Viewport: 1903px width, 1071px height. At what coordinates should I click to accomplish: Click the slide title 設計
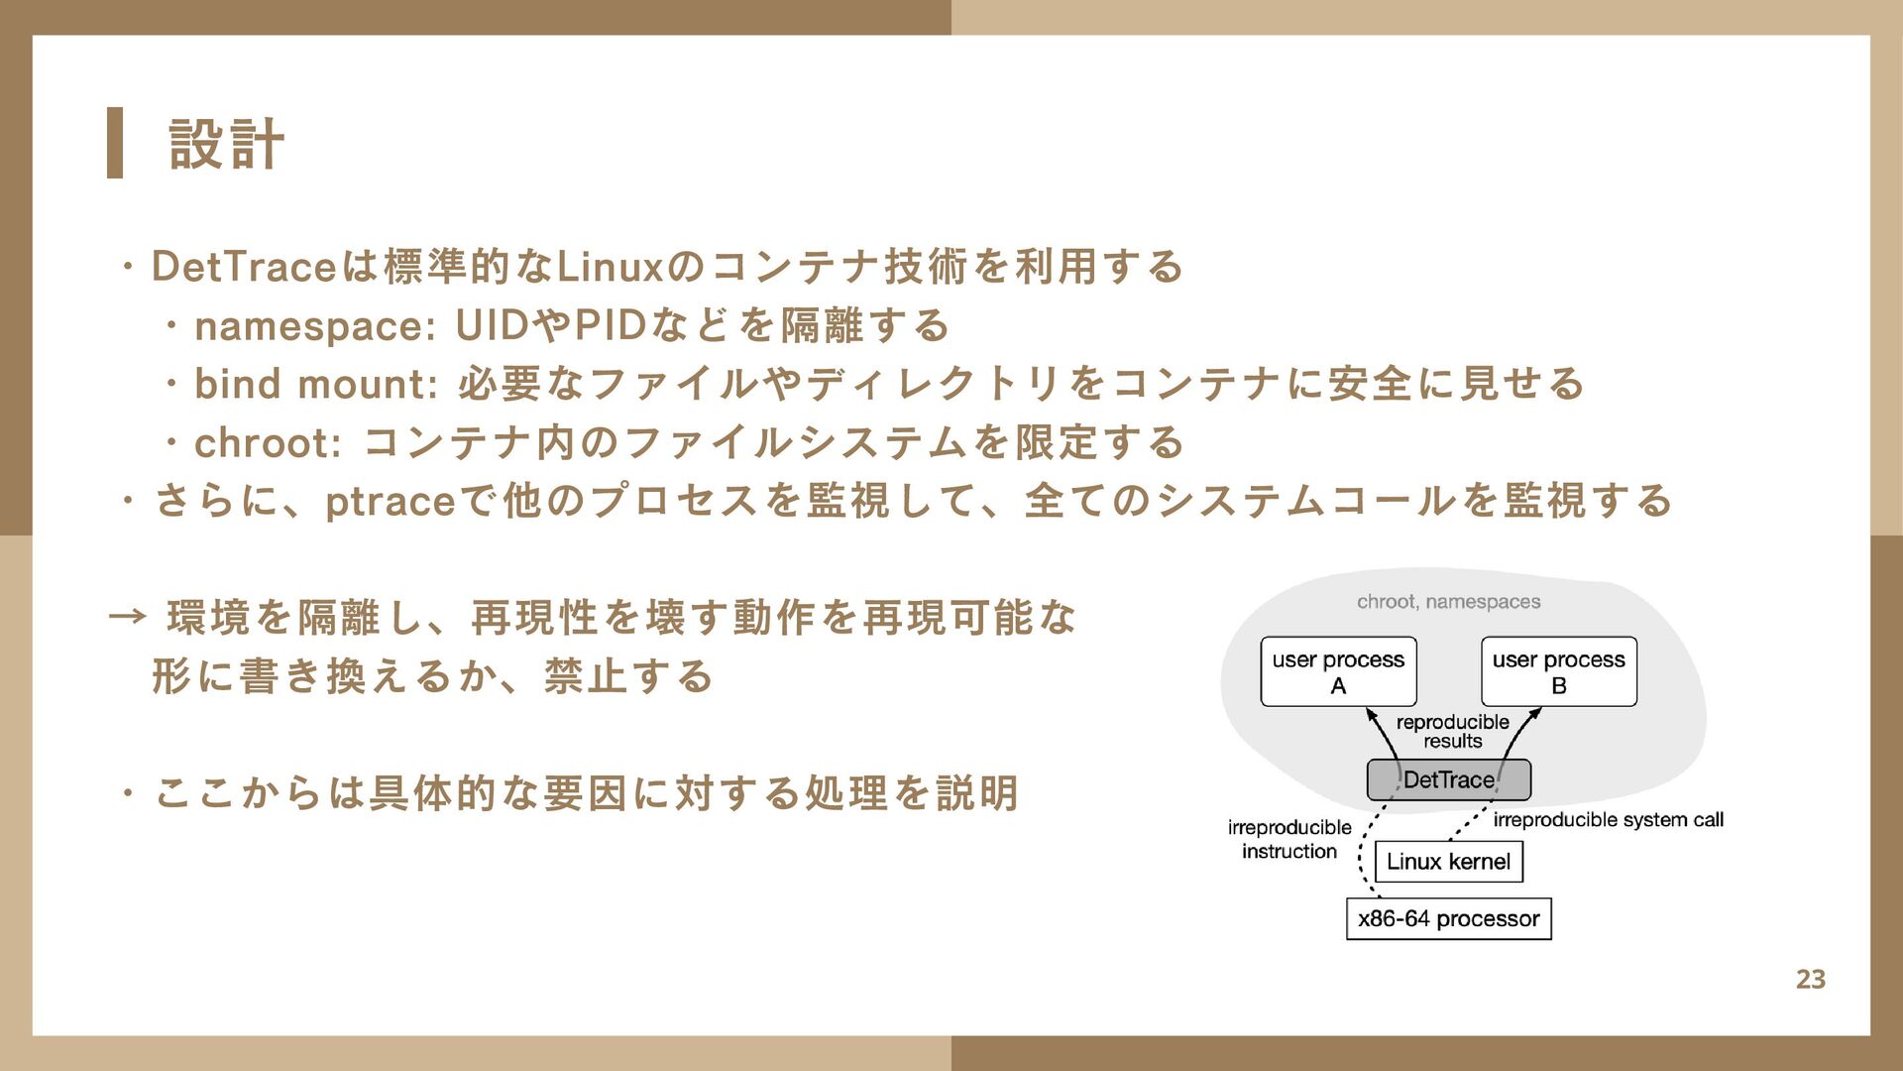pyautogui.click(x=227, y=144)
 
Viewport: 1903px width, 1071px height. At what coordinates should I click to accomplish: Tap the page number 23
pyautogui.click(x=1810, y=979)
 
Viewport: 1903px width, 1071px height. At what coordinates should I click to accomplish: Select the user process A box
pyautogui.click(x=1338, y=671)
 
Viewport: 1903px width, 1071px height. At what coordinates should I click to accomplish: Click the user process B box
pyautogui.click(x=1558, y=671)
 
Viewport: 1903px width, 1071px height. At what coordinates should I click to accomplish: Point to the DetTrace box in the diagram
pyautogui.click(x=1448, y=780)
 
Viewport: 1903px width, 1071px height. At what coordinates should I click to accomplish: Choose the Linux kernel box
pyautogui.click(x=1448, y=861)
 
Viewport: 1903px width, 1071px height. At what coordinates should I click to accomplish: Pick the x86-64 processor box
pyautogui.click(x=1448, y=918)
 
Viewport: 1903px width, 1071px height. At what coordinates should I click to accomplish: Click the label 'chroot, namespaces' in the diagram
pyautogui.click(x=1448, y=601)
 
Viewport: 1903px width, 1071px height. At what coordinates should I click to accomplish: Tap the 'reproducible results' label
pyautogui.click(x=1452, y=731)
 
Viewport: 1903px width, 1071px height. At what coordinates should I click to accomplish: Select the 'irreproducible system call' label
pyautogui.click(x=1608, y=820)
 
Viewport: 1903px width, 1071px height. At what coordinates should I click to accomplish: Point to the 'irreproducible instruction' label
pyautogui.click(x=1288, y=839)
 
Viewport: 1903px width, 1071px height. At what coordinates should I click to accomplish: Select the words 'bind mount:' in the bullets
pyautogui.click(x=315, y=385)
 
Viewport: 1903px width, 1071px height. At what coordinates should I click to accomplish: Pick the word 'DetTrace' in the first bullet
pyautogui.click(x=244, y=267)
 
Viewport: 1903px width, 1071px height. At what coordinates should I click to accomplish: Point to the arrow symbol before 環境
pyautogui.click(x=127, y=618)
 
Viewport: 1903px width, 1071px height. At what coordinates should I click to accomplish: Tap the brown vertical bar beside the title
pyautogui.click(x=115, y=143)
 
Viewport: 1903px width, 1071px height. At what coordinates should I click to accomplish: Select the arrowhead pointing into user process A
pyautogui.click(x=1371, y=714)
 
